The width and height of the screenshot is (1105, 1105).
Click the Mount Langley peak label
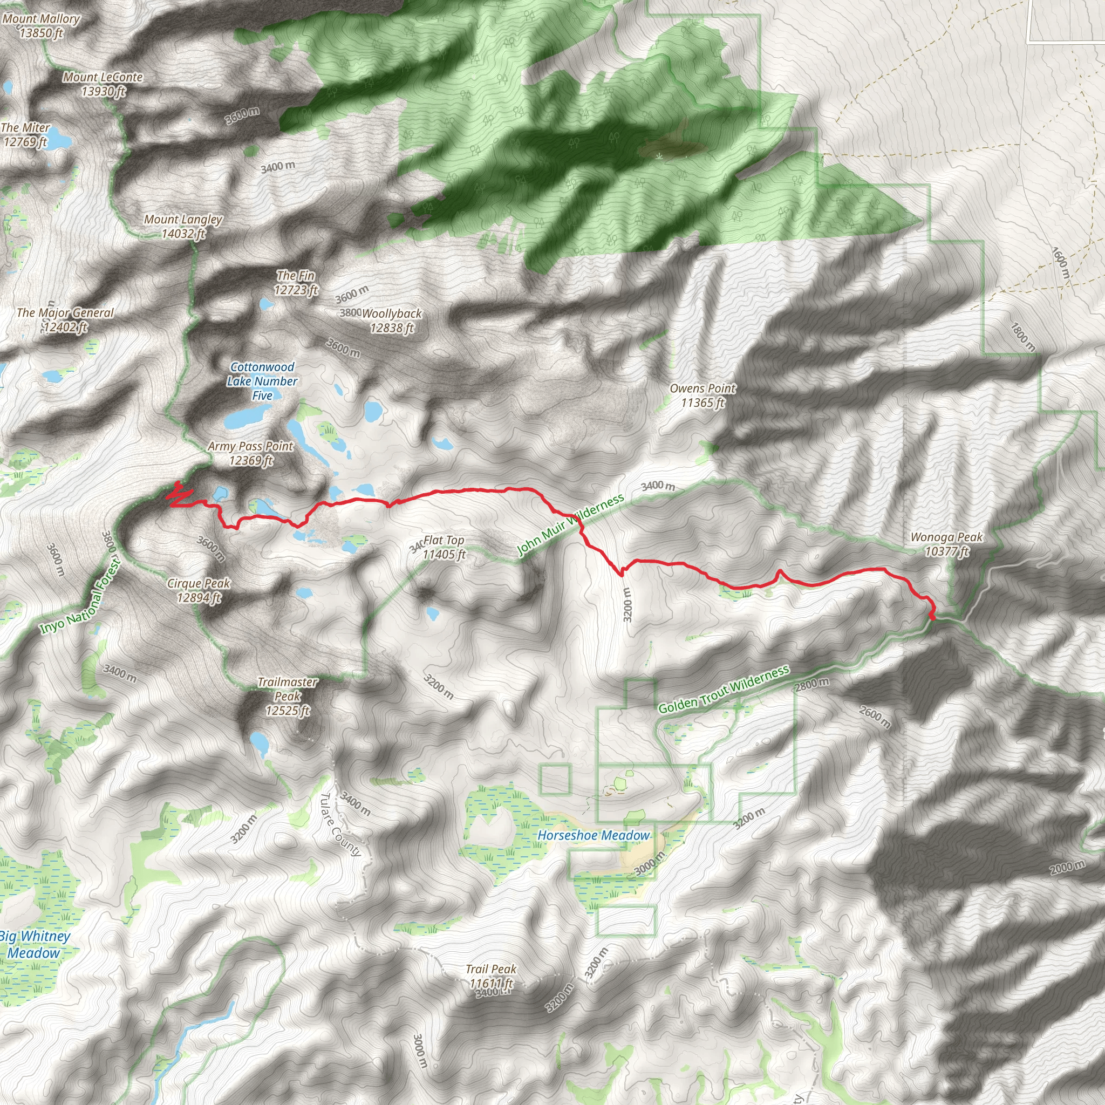click(x=183, y=227)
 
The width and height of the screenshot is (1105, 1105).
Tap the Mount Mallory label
click(x=40, y=26)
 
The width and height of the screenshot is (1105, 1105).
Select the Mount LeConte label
click(x=103, y=84)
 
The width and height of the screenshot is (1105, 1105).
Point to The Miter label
click(x=25, y=134)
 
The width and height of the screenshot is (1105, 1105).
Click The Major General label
click(x=65, y=320)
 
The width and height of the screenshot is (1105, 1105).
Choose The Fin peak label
click(x=296, y=283)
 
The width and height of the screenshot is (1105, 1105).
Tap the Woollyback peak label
click(x=392, y=321)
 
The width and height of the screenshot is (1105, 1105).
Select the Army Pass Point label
click(x=250, y=453)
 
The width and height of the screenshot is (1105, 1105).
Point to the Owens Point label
click(x=702, y=395)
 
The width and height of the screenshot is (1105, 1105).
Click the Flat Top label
click(x=444, y=547)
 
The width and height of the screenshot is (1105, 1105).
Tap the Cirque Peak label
click(x=199, y=590)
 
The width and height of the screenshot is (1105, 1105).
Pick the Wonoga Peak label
click(x=946, y=544)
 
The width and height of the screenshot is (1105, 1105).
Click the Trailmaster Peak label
click(x=287, y=696)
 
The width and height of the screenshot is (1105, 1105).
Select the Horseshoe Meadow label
click(x=594, y=836)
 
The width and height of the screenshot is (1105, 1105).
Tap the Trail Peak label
click(x=491, y=976)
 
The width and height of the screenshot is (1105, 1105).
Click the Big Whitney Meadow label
click(x=35, y=944)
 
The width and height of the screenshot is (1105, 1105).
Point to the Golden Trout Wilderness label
click(x=724, y=690)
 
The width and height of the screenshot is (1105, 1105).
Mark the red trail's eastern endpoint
click(x=933, y=617)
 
